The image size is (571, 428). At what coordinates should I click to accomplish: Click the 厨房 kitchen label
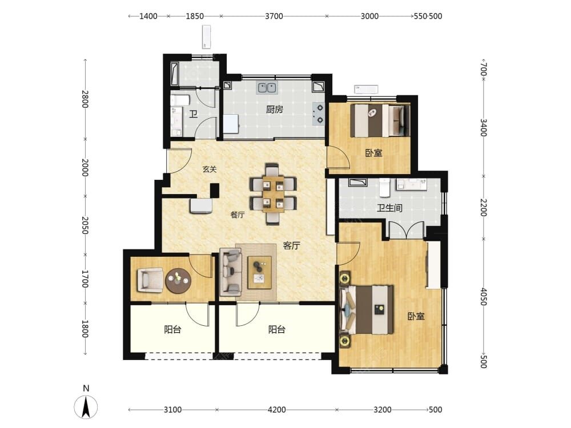point(274,109)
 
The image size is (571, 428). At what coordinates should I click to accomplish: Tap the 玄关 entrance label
point(210,169)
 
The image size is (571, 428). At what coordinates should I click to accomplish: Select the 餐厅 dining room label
point(238,215)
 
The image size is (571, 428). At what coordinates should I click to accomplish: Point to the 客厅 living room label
point(291,245)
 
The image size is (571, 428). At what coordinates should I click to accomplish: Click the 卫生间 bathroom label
point(389,208)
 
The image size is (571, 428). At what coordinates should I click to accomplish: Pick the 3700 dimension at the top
point(274,16)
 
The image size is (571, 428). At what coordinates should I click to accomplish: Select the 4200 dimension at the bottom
point(276,410)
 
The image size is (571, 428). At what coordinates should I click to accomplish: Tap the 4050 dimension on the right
point(483,297)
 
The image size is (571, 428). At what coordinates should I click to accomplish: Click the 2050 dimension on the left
point(85,225)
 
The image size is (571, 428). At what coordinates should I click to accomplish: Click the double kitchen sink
point(267,88)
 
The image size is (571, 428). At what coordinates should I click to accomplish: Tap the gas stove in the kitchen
point(319,113)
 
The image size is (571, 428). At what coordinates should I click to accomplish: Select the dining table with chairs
point(273,193)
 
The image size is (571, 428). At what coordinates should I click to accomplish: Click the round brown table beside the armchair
point(178,281)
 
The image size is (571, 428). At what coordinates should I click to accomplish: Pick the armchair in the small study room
point(150,280)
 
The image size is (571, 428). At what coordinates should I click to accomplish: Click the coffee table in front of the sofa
point(259,272)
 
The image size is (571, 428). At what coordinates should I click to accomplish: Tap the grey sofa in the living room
point(230,272)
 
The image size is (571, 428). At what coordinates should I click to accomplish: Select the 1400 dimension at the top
point(148,16)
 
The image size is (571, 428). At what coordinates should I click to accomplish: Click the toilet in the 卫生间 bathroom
point(384,187)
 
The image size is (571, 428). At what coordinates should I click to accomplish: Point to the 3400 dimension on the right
point(483,127)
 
